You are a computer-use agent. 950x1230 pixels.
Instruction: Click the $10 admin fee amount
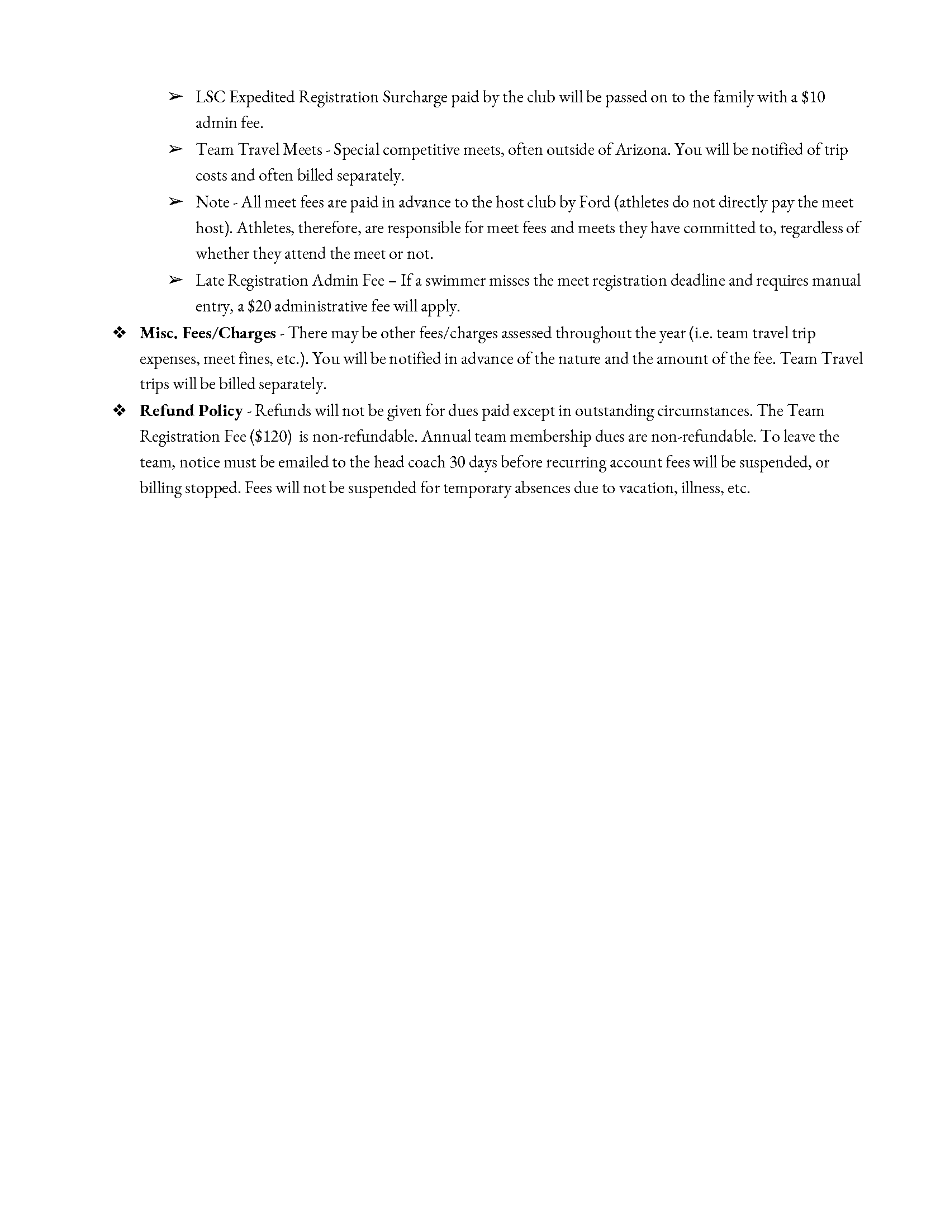pyautogui.click(x=813, y=97)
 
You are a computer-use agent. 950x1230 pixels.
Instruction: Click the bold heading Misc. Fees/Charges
pyautogui.click(x=208, y=333)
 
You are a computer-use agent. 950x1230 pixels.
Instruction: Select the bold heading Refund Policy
pyautogui.click(x=191, y=411)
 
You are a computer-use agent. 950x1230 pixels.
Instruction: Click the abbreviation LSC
pyautogui.click(x=211, y=97)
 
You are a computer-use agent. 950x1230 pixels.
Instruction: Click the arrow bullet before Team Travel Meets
pyautogui.click(x=175, y=149)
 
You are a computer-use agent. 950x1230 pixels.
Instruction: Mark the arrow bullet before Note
pyautogui.click(x=175, y=202)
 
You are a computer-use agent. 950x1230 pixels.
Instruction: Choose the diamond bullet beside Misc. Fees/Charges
pyautogui.click(x=120, y=333)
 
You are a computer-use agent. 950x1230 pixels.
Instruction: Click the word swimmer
pyautogui.click(x=455, y=281)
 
